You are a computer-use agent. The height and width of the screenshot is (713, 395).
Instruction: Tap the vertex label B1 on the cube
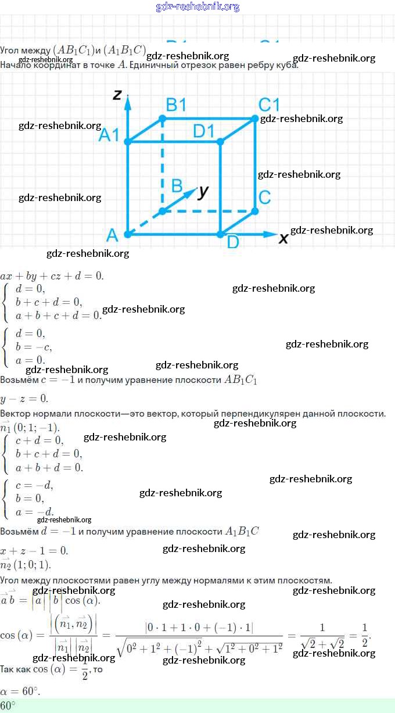176,105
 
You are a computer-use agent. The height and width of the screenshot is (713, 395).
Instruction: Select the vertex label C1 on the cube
269,105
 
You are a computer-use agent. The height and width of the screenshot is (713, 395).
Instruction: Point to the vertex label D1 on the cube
204,131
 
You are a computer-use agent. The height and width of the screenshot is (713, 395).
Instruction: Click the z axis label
117,94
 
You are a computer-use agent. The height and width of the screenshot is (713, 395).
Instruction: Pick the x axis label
284,238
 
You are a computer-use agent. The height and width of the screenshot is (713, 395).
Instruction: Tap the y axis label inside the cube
203,191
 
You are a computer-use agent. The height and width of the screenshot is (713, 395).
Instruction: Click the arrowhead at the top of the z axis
128,100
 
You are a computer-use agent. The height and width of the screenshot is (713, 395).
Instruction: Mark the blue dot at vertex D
220,234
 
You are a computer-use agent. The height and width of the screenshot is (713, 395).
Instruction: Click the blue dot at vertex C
255,211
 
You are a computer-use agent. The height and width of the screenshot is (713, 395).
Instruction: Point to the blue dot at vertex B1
163,119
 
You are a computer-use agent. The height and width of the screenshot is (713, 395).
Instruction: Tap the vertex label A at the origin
113,235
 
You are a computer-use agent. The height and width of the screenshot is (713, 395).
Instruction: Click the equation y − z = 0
24,399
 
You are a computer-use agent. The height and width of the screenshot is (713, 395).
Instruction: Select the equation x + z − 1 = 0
34,550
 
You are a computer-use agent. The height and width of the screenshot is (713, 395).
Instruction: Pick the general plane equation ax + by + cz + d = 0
52,275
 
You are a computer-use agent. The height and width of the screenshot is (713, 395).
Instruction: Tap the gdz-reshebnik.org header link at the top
198,7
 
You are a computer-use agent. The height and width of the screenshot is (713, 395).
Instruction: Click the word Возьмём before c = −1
19,380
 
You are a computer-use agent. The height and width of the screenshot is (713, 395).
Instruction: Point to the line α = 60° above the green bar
20,691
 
